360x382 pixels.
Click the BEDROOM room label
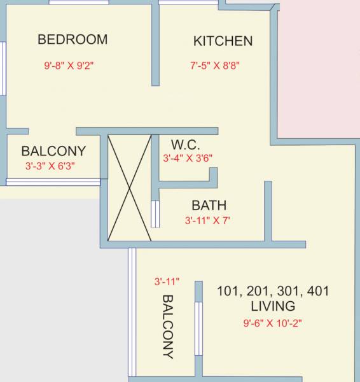tap(73, 39)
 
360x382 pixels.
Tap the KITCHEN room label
tap(223, 41)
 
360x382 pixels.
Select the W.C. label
tap(186, 145)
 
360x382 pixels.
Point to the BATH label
tap(209, 206)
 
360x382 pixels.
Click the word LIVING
tap(273, 306)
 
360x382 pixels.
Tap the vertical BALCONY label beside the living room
tap(168, 327)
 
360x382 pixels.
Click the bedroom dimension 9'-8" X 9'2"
tap(69, 65)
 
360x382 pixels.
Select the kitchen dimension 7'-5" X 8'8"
tap(215, 65)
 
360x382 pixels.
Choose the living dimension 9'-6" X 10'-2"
tap(272, 323)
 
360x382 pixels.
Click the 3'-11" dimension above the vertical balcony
tap(167, 281)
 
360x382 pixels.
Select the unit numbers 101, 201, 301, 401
tap(273, 291)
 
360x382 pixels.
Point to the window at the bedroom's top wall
tap(78, 3)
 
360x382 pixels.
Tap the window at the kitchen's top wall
tap(188, 3)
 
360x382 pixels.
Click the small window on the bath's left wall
tap(154, 214)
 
